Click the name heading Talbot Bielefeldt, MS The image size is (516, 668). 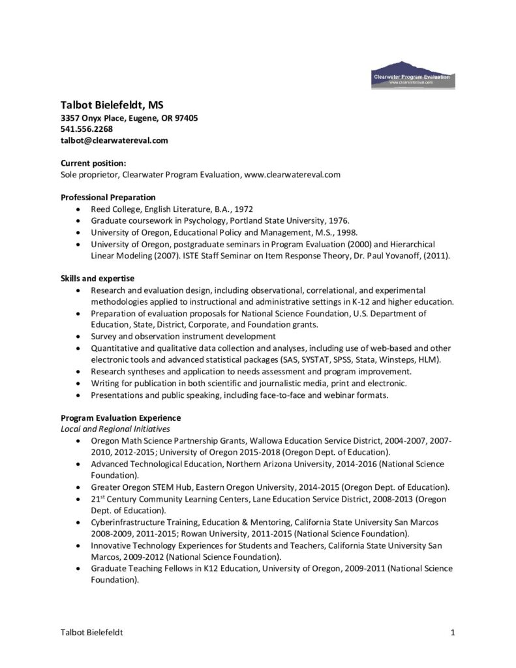[112, 104]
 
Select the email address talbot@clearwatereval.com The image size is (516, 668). [114, 140]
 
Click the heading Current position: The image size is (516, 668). [93, 163]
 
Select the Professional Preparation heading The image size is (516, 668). [108, 197]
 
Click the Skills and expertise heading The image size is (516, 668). [97, 279]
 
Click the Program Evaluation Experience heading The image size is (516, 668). [121, 417]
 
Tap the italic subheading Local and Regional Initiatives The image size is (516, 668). [115, 429]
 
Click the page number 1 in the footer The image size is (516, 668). [452, 632]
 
